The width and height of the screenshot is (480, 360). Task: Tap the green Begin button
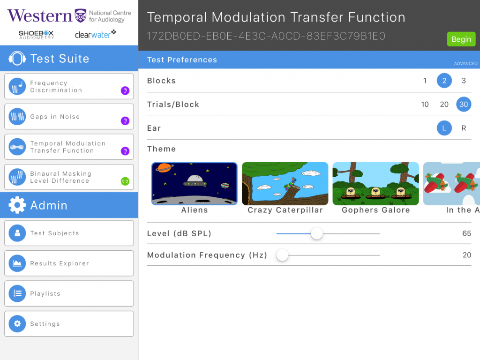pos(461,39)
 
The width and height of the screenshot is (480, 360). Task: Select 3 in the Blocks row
pos(464,81)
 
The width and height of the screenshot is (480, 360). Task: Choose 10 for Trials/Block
pos(425,105)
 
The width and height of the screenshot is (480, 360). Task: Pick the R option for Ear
pos(464,128)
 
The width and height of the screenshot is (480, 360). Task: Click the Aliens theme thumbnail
pos(195,184)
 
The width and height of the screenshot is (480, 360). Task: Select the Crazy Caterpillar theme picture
pos(285,184)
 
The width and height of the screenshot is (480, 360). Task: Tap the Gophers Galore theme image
pos(375,184)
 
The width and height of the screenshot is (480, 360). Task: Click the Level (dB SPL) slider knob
pos(316,233)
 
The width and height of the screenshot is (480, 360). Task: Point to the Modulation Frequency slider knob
pos(282,255)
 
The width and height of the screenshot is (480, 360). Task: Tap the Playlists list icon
pos(17,293)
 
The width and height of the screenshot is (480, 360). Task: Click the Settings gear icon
pos(17,323)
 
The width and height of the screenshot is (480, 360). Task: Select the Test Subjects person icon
pos(17,233)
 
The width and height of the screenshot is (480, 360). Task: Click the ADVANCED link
pos(465,63)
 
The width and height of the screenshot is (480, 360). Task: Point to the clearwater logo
pos(95,34)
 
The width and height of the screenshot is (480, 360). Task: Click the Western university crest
pos(81,15)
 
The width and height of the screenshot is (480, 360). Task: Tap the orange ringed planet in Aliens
pos(165,167)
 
